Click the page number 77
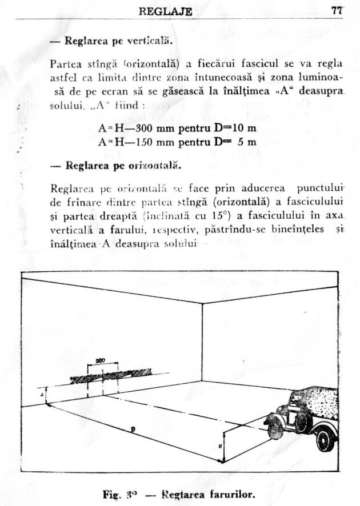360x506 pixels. [x=336, y=11]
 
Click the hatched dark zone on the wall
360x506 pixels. [x=111, y=375]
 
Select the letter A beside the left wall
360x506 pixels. [x=42, y=394]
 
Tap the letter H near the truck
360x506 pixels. [x=221, y=444]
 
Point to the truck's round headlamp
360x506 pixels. [x=271, y=423]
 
